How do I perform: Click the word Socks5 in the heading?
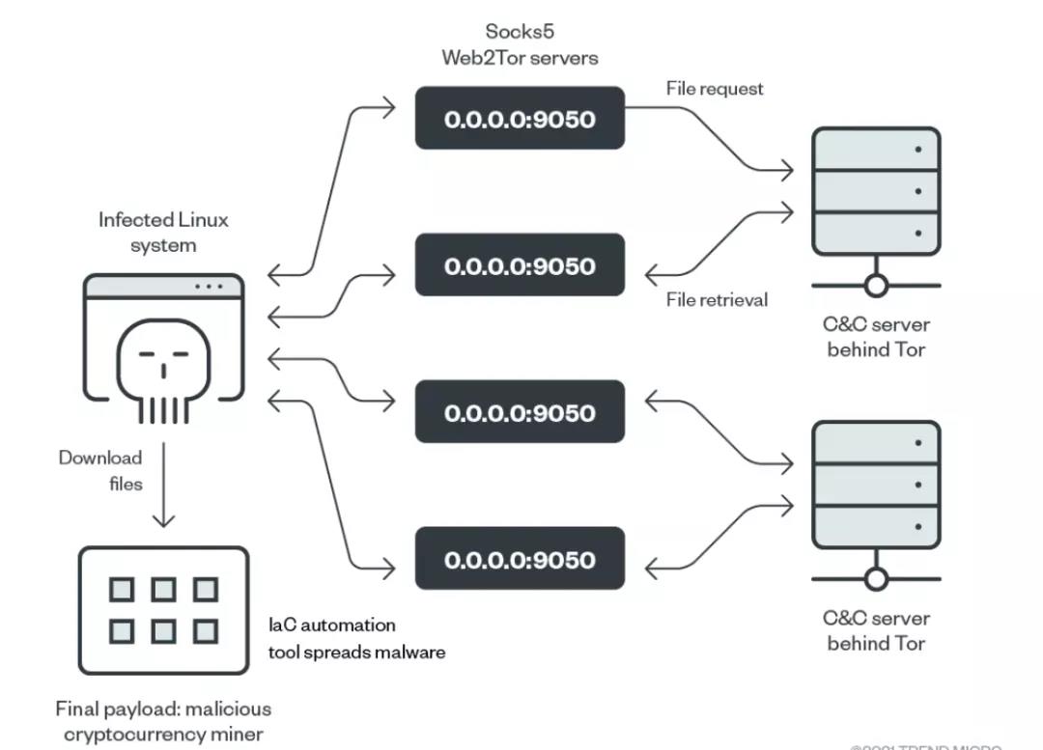(x=520, y=32)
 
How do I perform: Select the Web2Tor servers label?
(x=520, y=58)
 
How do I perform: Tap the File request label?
(x=715, y=89)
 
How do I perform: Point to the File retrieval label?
(x=718, y=300)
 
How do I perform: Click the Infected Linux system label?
(x=163, y=233)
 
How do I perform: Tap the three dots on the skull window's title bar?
(x=208, y=287)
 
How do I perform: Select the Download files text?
(x=101, y=470)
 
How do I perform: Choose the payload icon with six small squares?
(x=163, y=610)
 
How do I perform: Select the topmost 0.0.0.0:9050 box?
(x=520, y=119)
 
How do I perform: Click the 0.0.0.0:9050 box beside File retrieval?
(x=520, y=265)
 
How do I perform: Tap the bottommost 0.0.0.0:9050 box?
(x=520, y=559)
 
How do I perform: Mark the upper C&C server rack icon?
(x=876, y=191)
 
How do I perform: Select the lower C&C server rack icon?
(x=876, y=485)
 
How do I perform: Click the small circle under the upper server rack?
(x=876, y=286)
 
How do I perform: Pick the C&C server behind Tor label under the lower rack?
(x=876, y=630)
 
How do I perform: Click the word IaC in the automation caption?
(x=282, y=625)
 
